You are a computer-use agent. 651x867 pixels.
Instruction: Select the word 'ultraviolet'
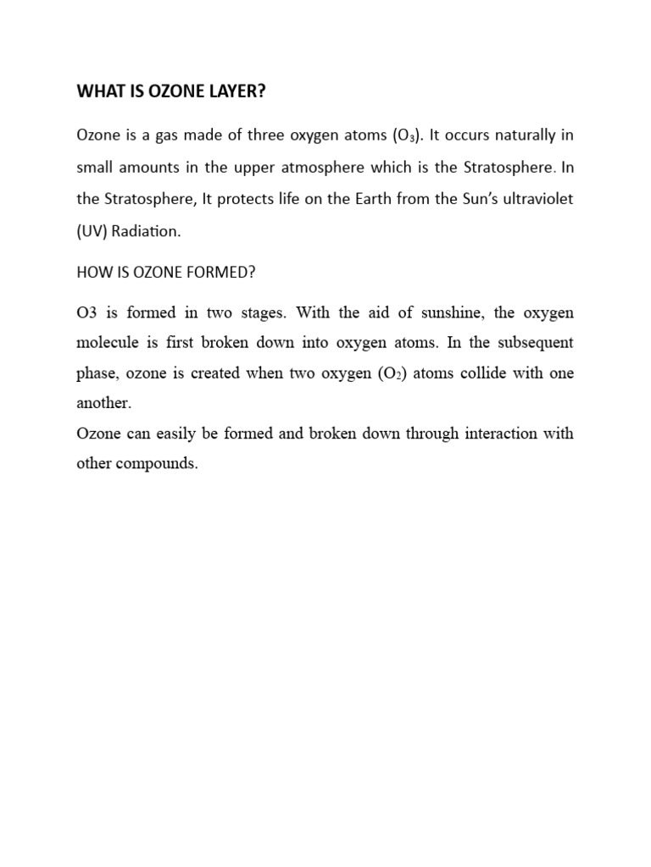533,200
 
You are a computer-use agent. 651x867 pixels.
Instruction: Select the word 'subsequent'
532,344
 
